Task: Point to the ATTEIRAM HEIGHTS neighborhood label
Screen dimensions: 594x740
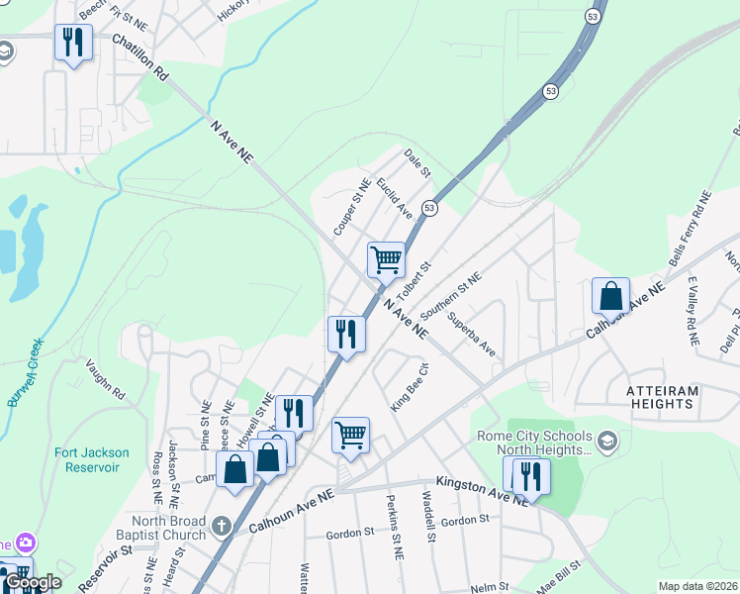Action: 663,397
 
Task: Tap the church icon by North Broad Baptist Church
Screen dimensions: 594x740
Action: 221,525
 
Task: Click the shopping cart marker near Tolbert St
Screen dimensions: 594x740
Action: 386,260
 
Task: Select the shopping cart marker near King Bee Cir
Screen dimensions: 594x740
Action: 350,434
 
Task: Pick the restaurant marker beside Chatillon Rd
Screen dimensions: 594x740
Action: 73,42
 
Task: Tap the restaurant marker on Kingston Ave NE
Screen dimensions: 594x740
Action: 531,476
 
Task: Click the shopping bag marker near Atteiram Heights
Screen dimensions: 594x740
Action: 610,295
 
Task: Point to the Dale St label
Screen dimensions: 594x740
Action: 417,163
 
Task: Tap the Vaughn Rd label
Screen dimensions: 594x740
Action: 105,379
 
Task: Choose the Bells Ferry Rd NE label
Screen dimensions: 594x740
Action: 703,229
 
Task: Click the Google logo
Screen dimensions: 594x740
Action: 32,582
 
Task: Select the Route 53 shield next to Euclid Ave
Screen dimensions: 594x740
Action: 429,208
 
